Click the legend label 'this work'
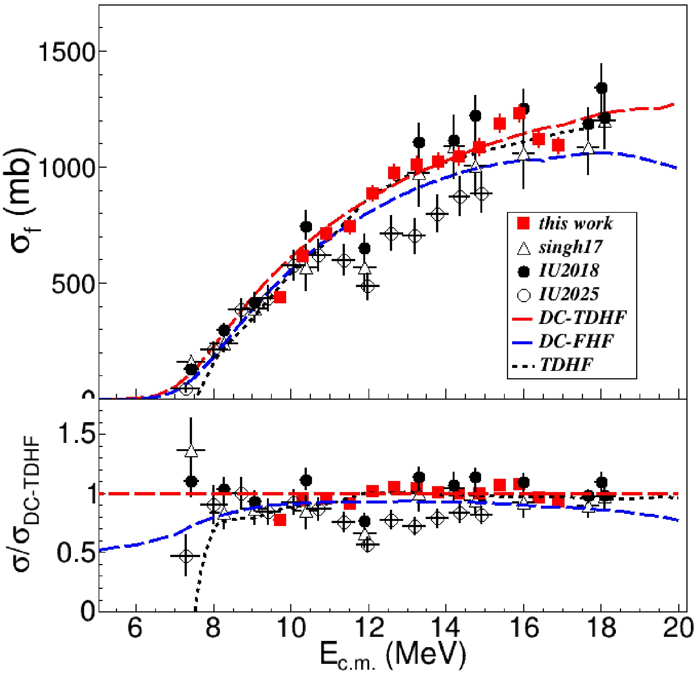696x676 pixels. pos(575,224)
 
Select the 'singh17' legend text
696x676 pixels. pos(570,247)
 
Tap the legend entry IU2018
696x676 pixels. pos(569,271)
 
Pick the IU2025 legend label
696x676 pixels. pos(569,294)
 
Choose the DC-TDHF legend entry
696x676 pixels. pos(583,318)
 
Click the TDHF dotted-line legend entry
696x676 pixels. pos(566,365)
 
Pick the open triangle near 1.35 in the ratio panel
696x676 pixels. pos(191,451)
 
